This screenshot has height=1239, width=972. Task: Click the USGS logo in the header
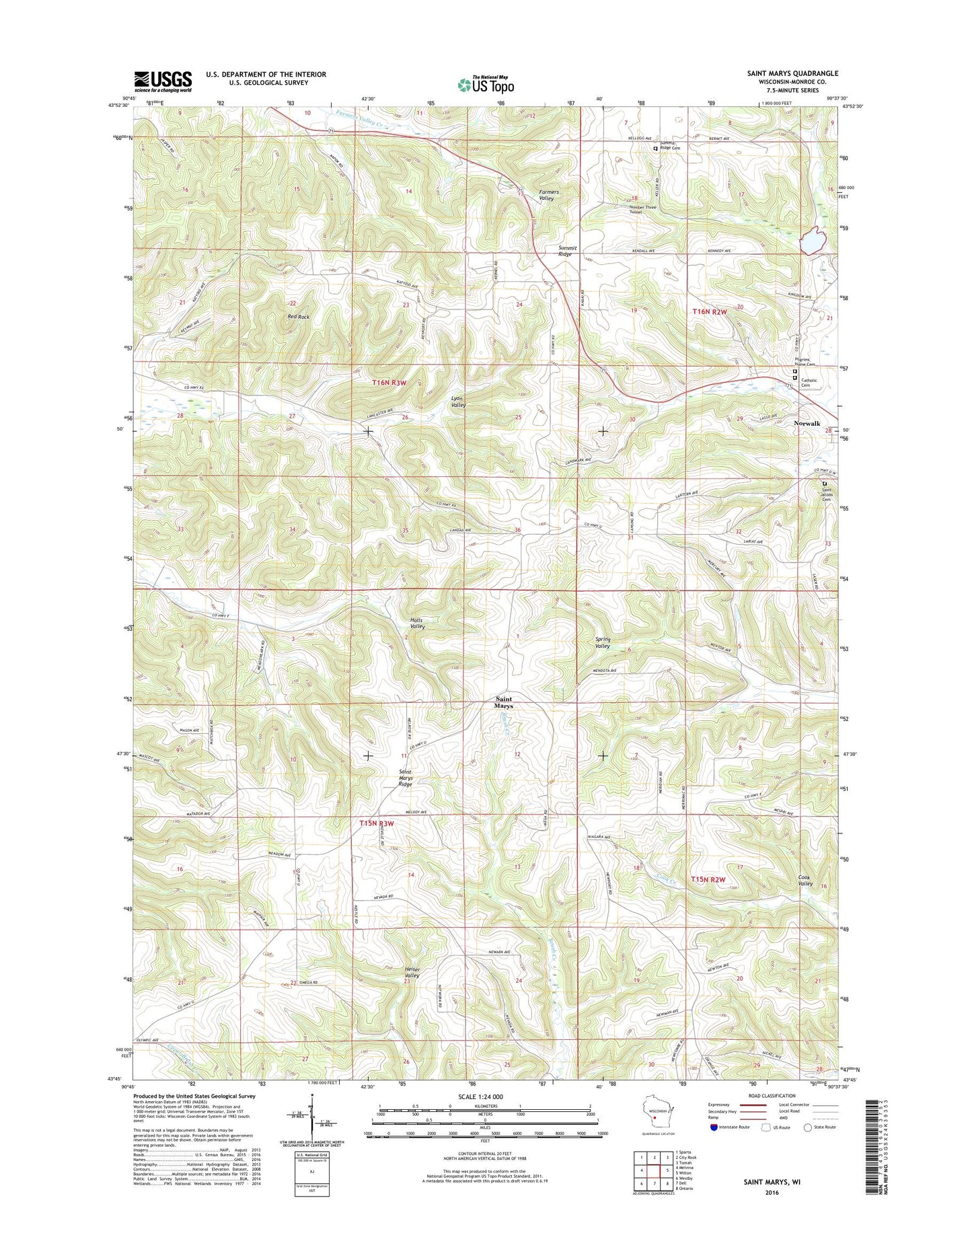163,81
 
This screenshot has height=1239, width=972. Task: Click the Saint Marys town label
503,702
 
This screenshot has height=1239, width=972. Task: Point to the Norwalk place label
807,423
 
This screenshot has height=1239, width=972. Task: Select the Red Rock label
298,316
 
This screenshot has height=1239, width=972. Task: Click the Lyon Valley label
458,402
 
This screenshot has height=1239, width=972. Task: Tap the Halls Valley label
418,623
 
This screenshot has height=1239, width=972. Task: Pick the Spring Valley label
602,642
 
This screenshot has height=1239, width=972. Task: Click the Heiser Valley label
412,972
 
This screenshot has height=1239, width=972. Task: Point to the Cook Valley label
805,880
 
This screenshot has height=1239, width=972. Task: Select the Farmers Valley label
549,195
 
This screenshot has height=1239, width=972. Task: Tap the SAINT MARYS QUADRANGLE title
792,73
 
